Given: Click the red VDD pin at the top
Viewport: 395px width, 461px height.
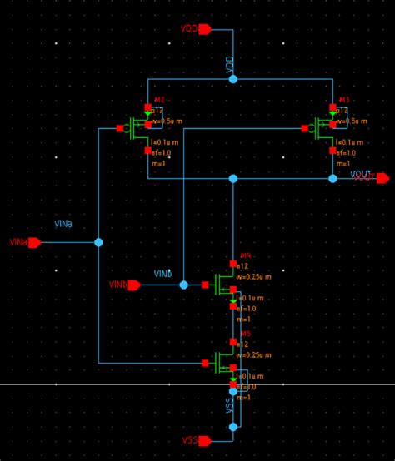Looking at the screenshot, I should (204, 29).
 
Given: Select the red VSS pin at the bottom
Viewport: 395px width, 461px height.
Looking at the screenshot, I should (204, 440).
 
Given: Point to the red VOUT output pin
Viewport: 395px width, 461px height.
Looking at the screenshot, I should (382, 178).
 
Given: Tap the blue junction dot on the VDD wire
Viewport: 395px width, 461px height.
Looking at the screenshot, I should (233, 79).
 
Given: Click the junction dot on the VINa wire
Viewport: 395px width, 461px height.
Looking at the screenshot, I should (98, 242).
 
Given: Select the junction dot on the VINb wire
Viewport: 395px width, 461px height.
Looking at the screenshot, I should (184, 285).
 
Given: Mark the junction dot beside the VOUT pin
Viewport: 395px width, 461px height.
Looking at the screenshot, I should (332, 178).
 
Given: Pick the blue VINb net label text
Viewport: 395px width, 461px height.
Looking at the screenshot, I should (163, 274).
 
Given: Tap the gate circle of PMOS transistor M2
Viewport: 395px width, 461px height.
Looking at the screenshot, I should (127, 129).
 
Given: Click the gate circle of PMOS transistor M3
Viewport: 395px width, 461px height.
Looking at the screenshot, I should (312, 129).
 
